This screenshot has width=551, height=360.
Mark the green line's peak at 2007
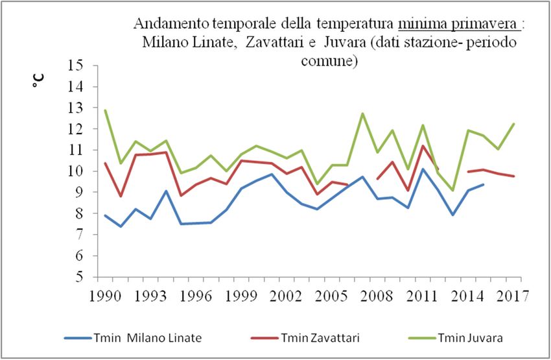[362, 114]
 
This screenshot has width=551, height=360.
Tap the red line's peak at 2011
[423, 145]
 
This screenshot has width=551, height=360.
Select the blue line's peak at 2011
[423, 169]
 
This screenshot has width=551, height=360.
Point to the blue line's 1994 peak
[166, 191]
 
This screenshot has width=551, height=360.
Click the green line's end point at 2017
[513, 124]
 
